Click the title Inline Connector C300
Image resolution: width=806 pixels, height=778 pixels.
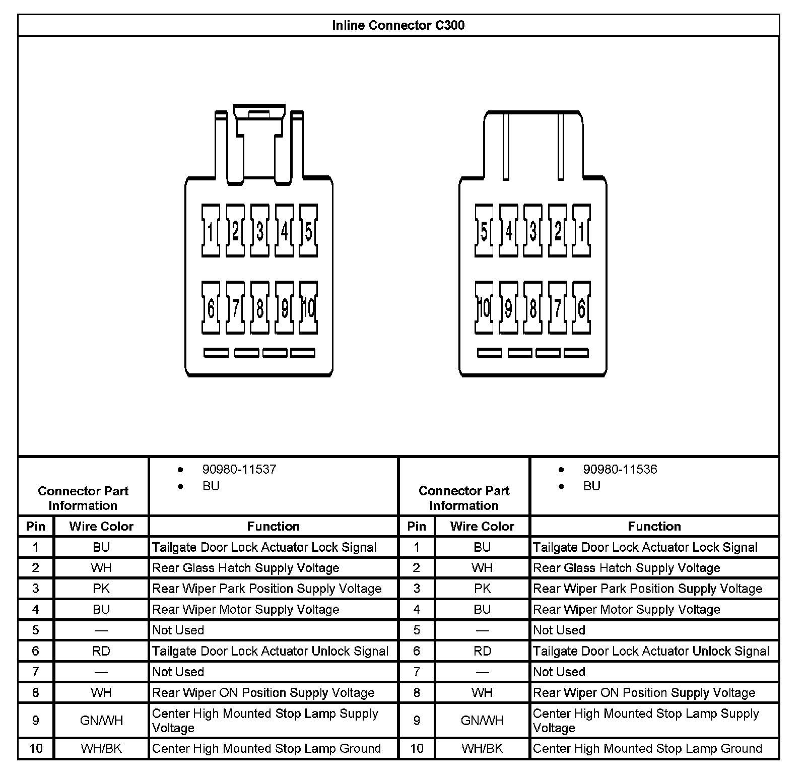coord(398,25)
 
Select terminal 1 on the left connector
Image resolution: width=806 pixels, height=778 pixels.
coord(211,231)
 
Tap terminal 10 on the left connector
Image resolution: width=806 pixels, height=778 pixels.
coord(308,308)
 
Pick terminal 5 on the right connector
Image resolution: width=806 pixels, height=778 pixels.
coord(484,231)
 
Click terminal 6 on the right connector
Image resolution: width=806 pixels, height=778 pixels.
coord(582,308)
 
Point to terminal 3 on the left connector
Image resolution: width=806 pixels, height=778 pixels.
coord(259,231)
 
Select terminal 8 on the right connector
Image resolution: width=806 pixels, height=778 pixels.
coord(533,308)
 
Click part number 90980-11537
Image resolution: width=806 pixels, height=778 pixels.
coord(239,470)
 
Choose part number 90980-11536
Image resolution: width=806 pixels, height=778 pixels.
coord(620,470)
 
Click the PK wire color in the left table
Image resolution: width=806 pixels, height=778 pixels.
coord(101,589)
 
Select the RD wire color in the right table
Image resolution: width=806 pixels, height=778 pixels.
coord(482,651)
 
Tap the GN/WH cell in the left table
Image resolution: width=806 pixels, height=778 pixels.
coord(101,721)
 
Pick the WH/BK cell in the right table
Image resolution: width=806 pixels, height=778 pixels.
coord(482,748)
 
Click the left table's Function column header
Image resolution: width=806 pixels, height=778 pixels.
coord(273,526)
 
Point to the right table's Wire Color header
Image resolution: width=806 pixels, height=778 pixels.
coord(482,526)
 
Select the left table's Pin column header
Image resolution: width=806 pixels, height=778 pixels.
coord(35,526)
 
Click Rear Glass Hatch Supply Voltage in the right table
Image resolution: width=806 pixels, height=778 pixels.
coord(626,568)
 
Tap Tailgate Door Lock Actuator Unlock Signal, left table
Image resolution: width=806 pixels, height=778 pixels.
coord(270,651)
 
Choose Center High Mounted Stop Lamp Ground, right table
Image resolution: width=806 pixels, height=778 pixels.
coord(647,748)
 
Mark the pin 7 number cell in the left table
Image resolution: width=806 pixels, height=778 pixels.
coord(35,672)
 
